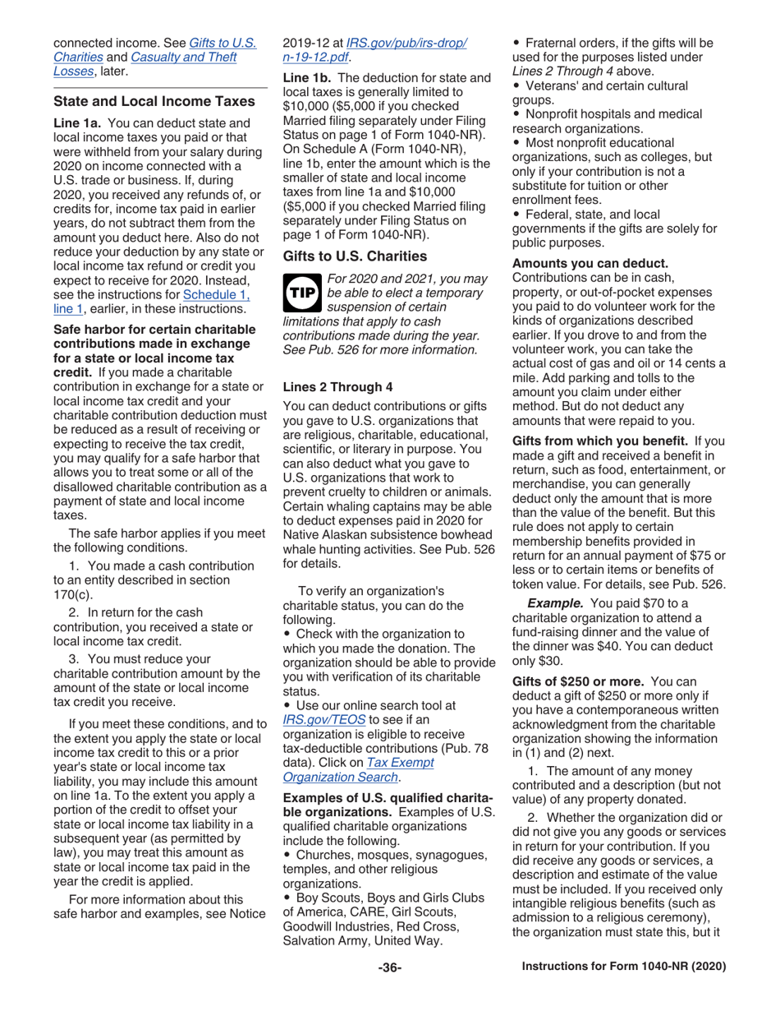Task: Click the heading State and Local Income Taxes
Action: [x=154, y=102]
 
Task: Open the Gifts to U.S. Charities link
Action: [x=223, y=43]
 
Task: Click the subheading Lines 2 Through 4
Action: [x=332, y=386]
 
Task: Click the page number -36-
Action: [x=389, y=967]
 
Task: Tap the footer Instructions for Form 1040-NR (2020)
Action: [x=624, y=967]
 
